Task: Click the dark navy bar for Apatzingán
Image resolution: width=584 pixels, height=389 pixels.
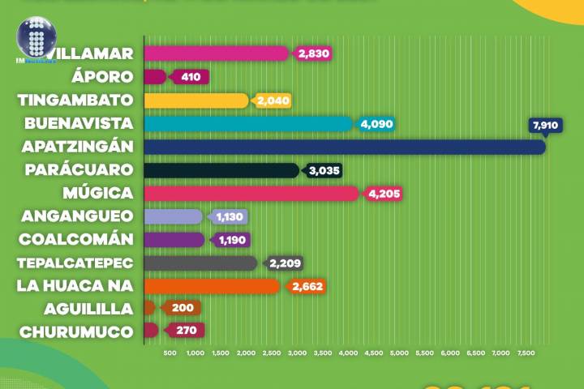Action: coord(345,147)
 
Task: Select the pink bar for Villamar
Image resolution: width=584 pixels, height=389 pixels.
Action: coord(216,53)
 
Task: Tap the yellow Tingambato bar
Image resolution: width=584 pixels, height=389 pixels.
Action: coord(196,100)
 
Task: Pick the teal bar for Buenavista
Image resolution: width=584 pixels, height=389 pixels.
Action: coord(248,124)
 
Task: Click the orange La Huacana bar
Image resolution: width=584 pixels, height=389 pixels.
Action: coord(212,286)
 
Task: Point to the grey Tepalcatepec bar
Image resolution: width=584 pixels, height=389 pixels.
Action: coord(200,263)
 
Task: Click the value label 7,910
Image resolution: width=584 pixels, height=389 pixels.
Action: coord(545,126)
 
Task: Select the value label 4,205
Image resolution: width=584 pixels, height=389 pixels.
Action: coord(384,194)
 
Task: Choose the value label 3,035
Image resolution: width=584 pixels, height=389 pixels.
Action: coord(324,170)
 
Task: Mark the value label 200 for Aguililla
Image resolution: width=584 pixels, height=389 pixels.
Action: coord(182,308)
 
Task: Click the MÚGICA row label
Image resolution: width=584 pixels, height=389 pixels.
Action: coord(98,194)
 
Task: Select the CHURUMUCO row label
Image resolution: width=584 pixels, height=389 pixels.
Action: coord(77,331)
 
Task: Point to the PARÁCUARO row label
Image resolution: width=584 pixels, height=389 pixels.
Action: coord(79,170)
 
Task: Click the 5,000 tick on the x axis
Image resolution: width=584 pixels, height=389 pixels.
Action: coord(399,353)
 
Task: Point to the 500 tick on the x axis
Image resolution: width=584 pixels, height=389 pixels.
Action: coord(170,353)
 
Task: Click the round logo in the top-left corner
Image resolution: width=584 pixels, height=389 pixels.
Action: coord(35,37)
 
